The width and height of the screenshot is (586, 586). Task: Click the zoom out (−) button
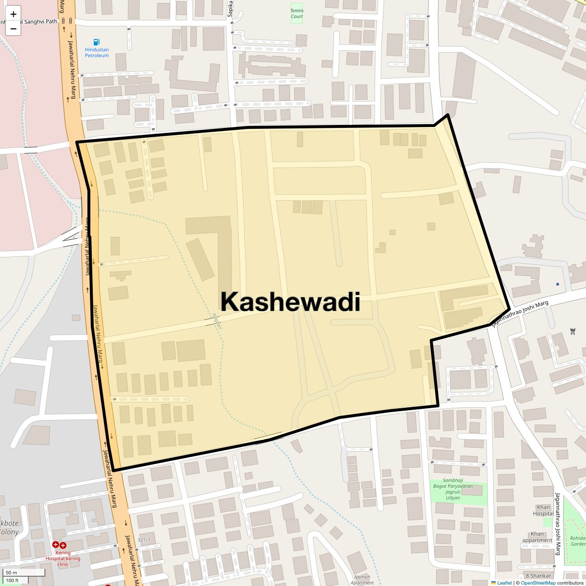(x=13, y=29)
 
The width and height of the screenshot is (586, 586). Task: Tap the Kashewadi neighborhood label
(x=290, y=301)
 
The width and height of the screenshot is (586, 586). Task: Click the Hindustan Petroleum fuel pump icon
(x=97, y=42)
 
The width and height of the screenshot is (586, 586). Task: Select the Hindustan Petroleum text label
(x=97, y=53)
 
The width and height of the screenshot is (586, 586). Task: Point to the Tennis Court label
(x=296, y=14)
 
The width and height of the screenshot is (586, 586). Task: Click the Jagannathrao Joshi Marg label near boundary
(x=521, y=314)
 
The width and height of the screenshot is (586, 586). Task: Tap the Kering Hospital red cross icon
(x=59, y=545)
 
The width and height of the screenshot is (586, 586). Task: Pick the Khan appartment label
(x=537, y=537)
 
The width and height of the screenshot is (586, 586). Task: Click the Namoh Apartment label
(x=362, y=580)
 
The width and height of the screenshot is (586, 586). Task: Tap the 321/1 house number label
(x=144, y=540)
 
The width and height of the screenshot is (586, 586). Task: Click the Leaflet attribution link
(x=504, y=583)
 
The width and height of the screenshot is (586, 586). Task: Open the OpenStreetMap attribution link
(x=538, y=583)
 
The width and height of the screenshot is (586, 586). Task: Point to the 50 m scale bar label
(x=11, y=572)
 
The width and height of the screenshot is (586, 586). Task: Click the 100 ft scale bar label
(x=13, y=581)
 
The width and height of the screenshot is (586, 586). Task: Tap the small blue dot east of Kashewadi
(x=557, y=284)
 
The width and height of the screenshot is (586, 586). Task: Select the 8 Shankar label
(x=538, y=576)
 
